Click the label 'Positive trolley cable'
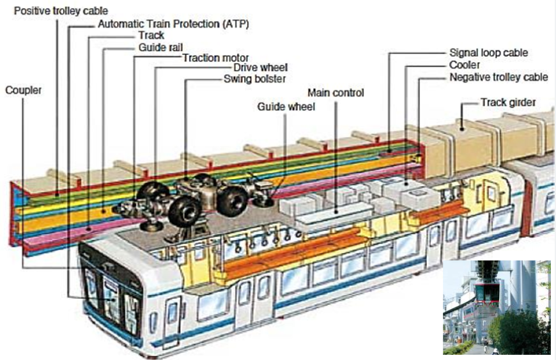[61, 11]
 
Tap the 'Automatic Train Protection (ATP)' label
[173, 24]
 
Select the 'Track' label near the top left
[151, 36]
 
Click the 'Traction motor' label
[215, 58]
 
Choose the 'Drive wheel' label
[260, 67]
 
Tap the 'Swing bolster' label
[254, 79]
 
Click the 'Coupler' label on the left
[24, 90]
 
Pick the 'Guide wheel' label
[286, 107]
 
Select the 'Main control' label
[336, 93]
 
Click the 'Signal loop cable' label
[489, 53]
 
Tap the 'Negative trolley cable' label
[498, 77]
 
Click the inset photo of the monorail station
[496, 307]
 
